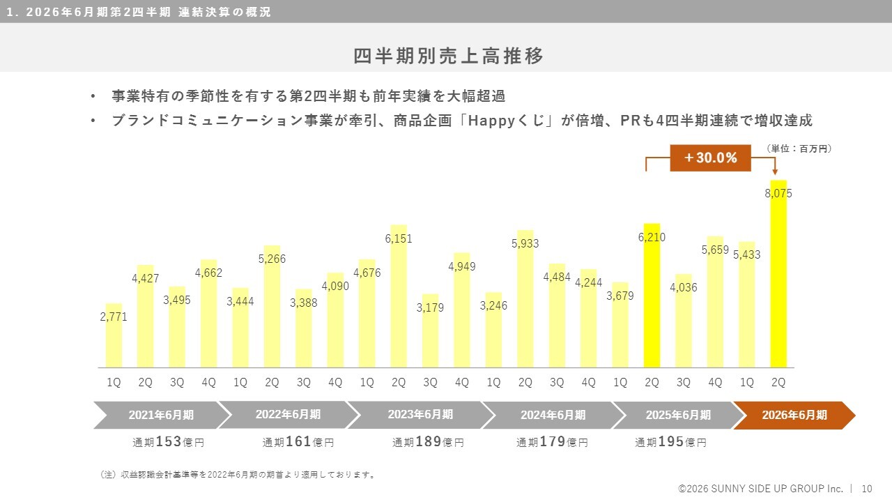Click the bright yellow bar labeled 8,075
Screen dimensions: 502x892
point(778,279)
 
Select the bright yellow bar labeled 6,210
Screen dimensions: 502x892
point(652,300)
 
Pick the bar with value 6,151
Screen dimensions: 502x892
point(399,300)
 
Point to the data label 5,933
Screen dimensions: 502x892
point(525,244)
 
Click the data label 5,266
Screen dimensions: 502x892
point(272,259)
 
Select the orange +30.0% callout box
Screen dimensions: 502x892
point(710,158)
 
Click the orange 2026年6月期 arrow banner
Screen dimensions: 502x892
point(794,415)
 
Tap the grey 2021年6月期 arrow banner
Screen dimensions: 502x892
point(161,415)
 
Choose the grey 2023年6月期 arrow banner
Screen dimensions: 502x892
point(420,415)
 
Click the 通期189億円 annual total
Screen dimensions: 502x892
point(428,442)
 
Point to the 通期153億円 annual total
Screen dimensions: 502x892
point(169,442)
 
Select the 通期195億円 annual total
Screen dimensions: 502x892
point(670,442)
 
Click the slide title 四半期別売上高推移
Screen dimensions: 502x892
point(448,56)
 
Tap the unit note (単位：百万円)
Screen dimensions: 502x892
point(799,149)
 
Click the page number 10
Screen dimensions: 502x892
point(868,489)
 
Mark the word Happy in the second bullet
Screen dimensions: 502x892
point(492,121)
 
